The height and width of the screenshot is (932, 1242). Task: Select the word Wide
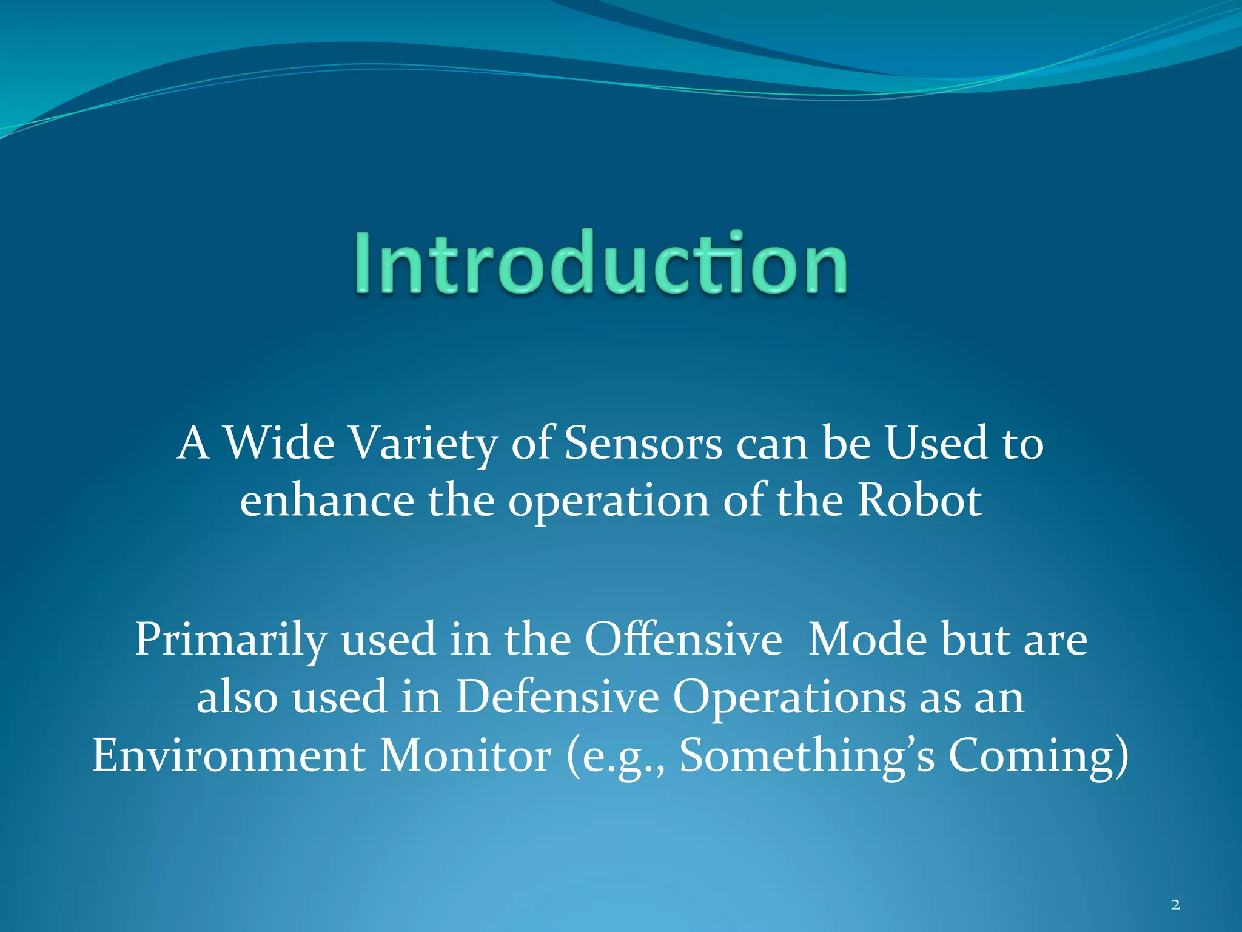click(279, 443)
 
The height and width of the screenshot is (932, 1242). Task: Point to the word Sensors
click(643, 443)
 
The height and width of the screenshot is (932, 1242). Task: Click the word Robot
click(919, 501)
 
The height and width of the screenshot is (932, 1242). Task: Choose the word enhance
click(326, 501)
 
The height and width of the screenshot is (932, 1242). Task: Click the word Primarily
click(230, 640)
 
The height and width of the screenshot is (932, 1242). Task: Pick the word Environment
click(229, 755)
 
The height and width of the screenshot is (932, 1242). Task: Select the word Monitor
click(465, 755)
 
